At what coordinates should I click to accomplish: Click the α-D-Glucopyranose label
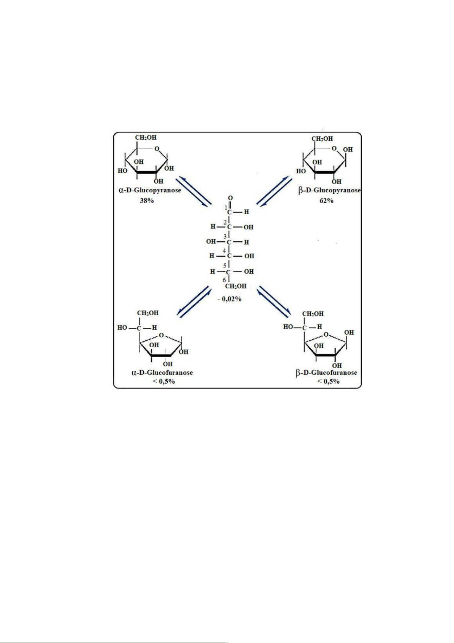(x=150, y=190)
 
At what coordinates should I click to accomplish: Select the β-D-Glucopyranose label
(x=329, y=190)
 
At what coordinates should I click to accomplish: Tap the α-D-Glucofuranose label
(x=162, y=372)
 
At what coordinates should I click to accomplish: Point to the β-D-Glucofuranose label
(x=326, y=372)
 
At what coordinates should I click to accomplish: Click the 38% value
(x=146, y=201)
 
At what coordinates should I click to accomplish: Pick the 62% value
(x=326, y=201)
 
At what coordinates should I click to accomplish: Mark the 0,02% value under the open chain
(x=230, y=299)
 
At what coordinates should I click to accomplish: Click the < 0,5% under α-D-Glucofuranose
(x=167, y=381)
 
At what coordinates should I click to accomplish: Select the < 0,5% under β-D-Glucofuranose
(x=328, y=381)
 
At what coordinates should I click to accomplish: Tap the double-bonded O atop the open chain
(x=230, y=198)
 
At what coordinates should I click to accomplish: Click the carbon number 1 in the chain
(x=225, y=207)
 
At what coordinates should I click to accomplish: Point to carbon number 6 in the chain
(x=225, y=280)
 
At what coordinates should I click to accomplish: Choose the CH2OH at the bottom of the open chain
(x=236, y=286)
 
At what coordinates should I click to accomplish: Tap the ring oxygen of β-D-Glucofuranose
(x=326, y=334)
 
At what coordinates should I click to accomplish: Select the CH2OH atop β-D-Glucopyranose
(x=322, y=139)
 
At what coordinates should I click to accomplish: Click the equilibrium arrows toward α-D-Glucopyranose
(x=194, y=191)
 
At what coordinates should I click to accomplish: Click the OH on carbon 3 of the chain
(x=211, y=242)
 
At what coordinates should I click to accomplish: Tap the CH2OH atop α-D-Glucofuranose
(x=148, y=313)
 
